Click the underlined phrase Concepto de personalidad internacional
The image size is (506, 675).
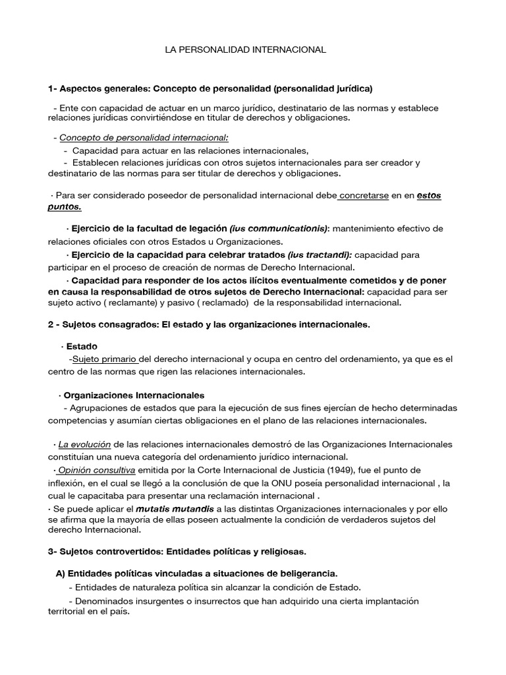pos(144,138)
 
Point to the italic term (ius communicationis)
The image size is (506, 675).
pos(279,228)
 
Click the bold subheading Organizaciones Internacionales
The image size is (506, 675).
pos(134,396)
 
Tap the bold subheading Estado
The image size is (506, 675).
pos(82,346)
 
